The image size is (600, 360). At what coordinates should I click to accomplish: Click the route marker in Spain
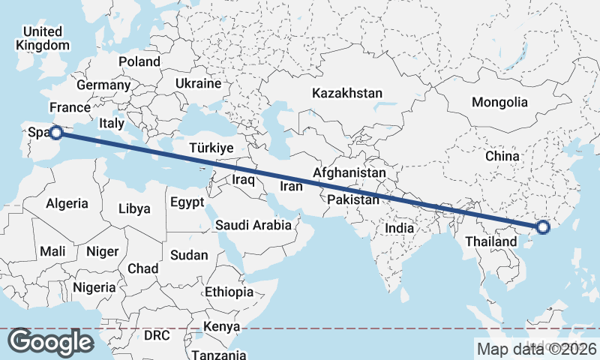(x=55, y=133)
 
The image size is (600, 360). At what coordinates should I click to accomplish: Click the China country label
(x=502, y=156)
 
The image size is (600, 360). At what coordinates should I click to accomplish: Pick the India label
(x=400, y=227)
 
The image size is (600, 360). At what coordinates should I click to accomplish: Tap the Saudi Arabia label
(x=253, y=225)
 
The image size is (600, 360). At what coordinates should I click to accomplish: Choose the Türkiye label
(x=211, y=148)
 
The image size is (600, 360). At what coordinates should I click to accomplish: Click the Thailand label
(x=491, y=241)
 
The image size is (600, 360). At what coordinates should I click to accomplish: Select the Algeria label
(x=67, y=203)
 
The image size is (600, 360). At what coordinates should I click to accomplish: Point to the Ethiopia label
(x=229, y=292)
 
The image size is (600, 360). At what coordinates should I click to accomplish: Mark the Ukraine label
(x=198, y=83)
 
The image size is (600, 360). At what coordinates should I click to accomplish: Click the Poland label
(x=139, y=61)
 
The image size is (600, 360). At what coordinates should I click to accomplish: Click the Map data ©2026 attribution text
(x=536, y=348)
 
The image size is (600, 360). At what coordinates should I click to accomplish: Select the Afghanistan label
(x=349, y=173)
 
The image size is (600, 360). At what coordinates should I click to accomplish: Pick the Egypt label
(x=187, y=202)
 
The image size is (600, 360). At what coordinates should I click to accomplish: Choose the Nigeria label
(x=94, y=286)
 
